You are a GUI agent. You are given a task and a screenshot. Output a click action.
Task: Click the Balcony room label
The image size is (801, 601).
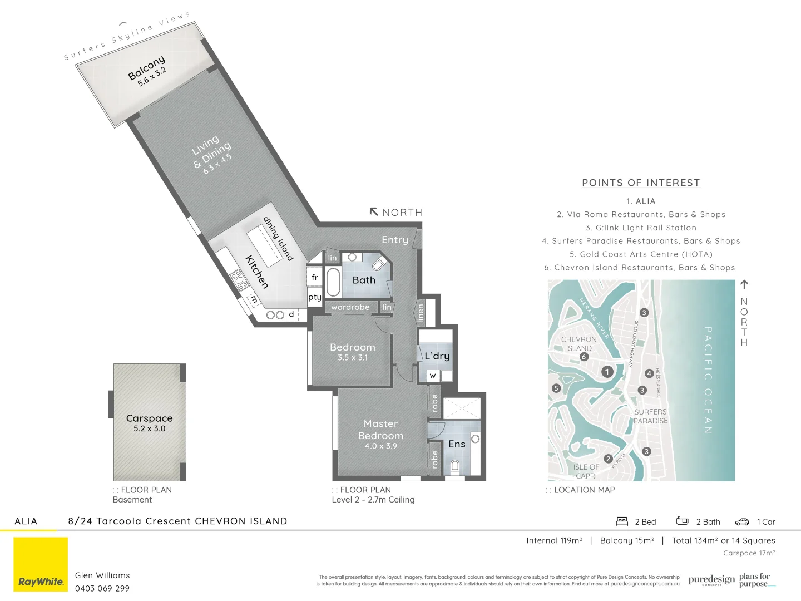(x=146, y=67)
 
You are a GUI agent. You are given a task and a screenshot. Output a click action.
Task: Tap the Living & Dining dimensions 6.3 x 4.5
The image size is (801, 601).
(x=217, y=164)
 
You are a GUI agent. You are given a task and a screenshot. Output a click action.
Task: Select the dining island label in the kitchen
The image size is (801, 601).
(x=278, y=239)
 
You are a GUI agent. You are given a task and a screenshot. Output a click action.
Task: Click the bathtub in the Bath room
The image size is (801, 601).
(x=333, y=283)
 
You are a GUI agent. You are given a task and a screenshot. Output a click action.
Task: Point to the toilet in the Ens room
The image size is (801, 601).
(x=454, y=466)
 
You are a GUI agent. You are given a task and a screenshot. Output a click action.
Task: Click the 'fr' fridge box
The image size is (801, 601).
(x=315, y=277)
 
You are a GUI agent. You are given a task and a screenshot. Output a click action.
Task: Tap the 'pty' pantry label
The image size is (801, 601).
(x=315, y=297)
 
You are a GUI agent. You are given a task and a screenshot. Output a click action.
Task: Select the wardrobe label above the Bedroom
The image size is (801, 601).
(x=350, y=307)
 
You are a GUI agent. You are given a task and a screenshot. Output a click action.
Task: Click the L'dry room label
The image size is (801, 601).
(x=437, y=356)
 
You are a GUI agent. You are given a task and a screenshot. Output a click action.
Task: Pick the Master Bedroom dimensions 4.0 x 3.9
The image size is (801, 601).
(x=380, y=446)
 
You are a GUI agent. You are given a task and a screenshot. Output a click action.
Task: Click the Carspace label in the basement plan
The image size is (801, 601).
(x=149, y=418)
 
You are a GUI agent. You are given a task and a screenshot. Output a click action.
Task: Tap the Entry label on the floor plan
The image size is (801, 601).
(x=395, y=240)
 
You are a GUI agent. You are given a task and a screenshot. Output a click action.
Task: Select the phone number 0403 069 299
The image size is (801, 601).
(x=102, y=588)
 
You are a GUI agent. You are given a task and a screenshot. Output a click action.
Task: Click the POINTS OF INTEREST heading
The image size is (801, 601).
(x=641, y=183)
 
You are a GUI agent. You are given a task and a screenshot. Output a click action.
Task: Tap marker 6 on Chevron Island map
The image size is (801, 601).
(x=584, y=357)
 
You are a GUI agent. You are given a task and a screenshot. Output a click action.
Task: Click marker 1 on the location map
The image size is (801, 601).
(x=607, y=372)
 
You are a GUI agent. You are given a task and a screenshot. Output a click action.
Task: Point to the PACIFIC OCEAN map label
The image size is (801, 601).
(x=708, y=380)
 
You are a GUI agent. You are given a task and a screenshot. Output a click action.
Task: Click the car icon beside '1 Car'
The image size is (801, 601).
(x=742, y=522)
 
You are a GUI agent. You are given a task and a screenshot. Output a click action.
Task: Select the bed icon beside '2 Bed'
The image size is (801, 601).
(x=622, y=521)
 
